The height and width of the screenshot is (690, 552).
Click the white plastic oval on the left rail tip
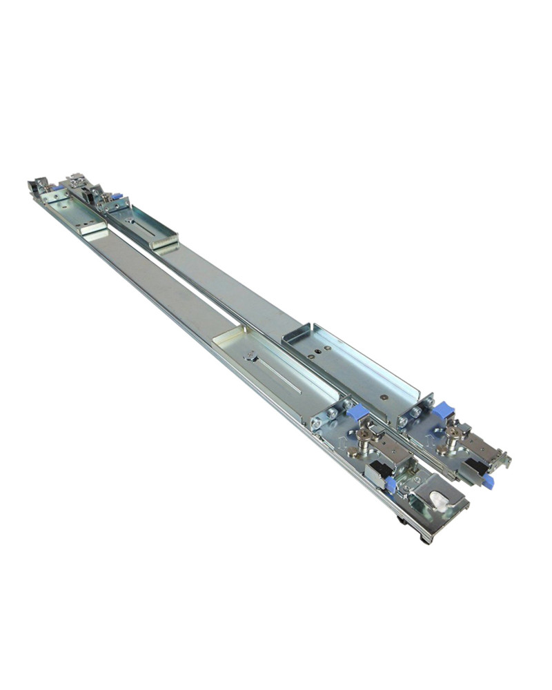pos(440,499)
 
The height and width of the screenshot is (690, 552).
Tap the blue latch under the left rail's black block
pos(391,484)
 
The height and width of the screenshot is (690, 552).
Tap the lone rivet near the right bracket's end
pos(383,397)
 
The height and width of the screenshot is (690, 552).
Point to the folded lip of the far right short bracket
pos(166,242)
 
